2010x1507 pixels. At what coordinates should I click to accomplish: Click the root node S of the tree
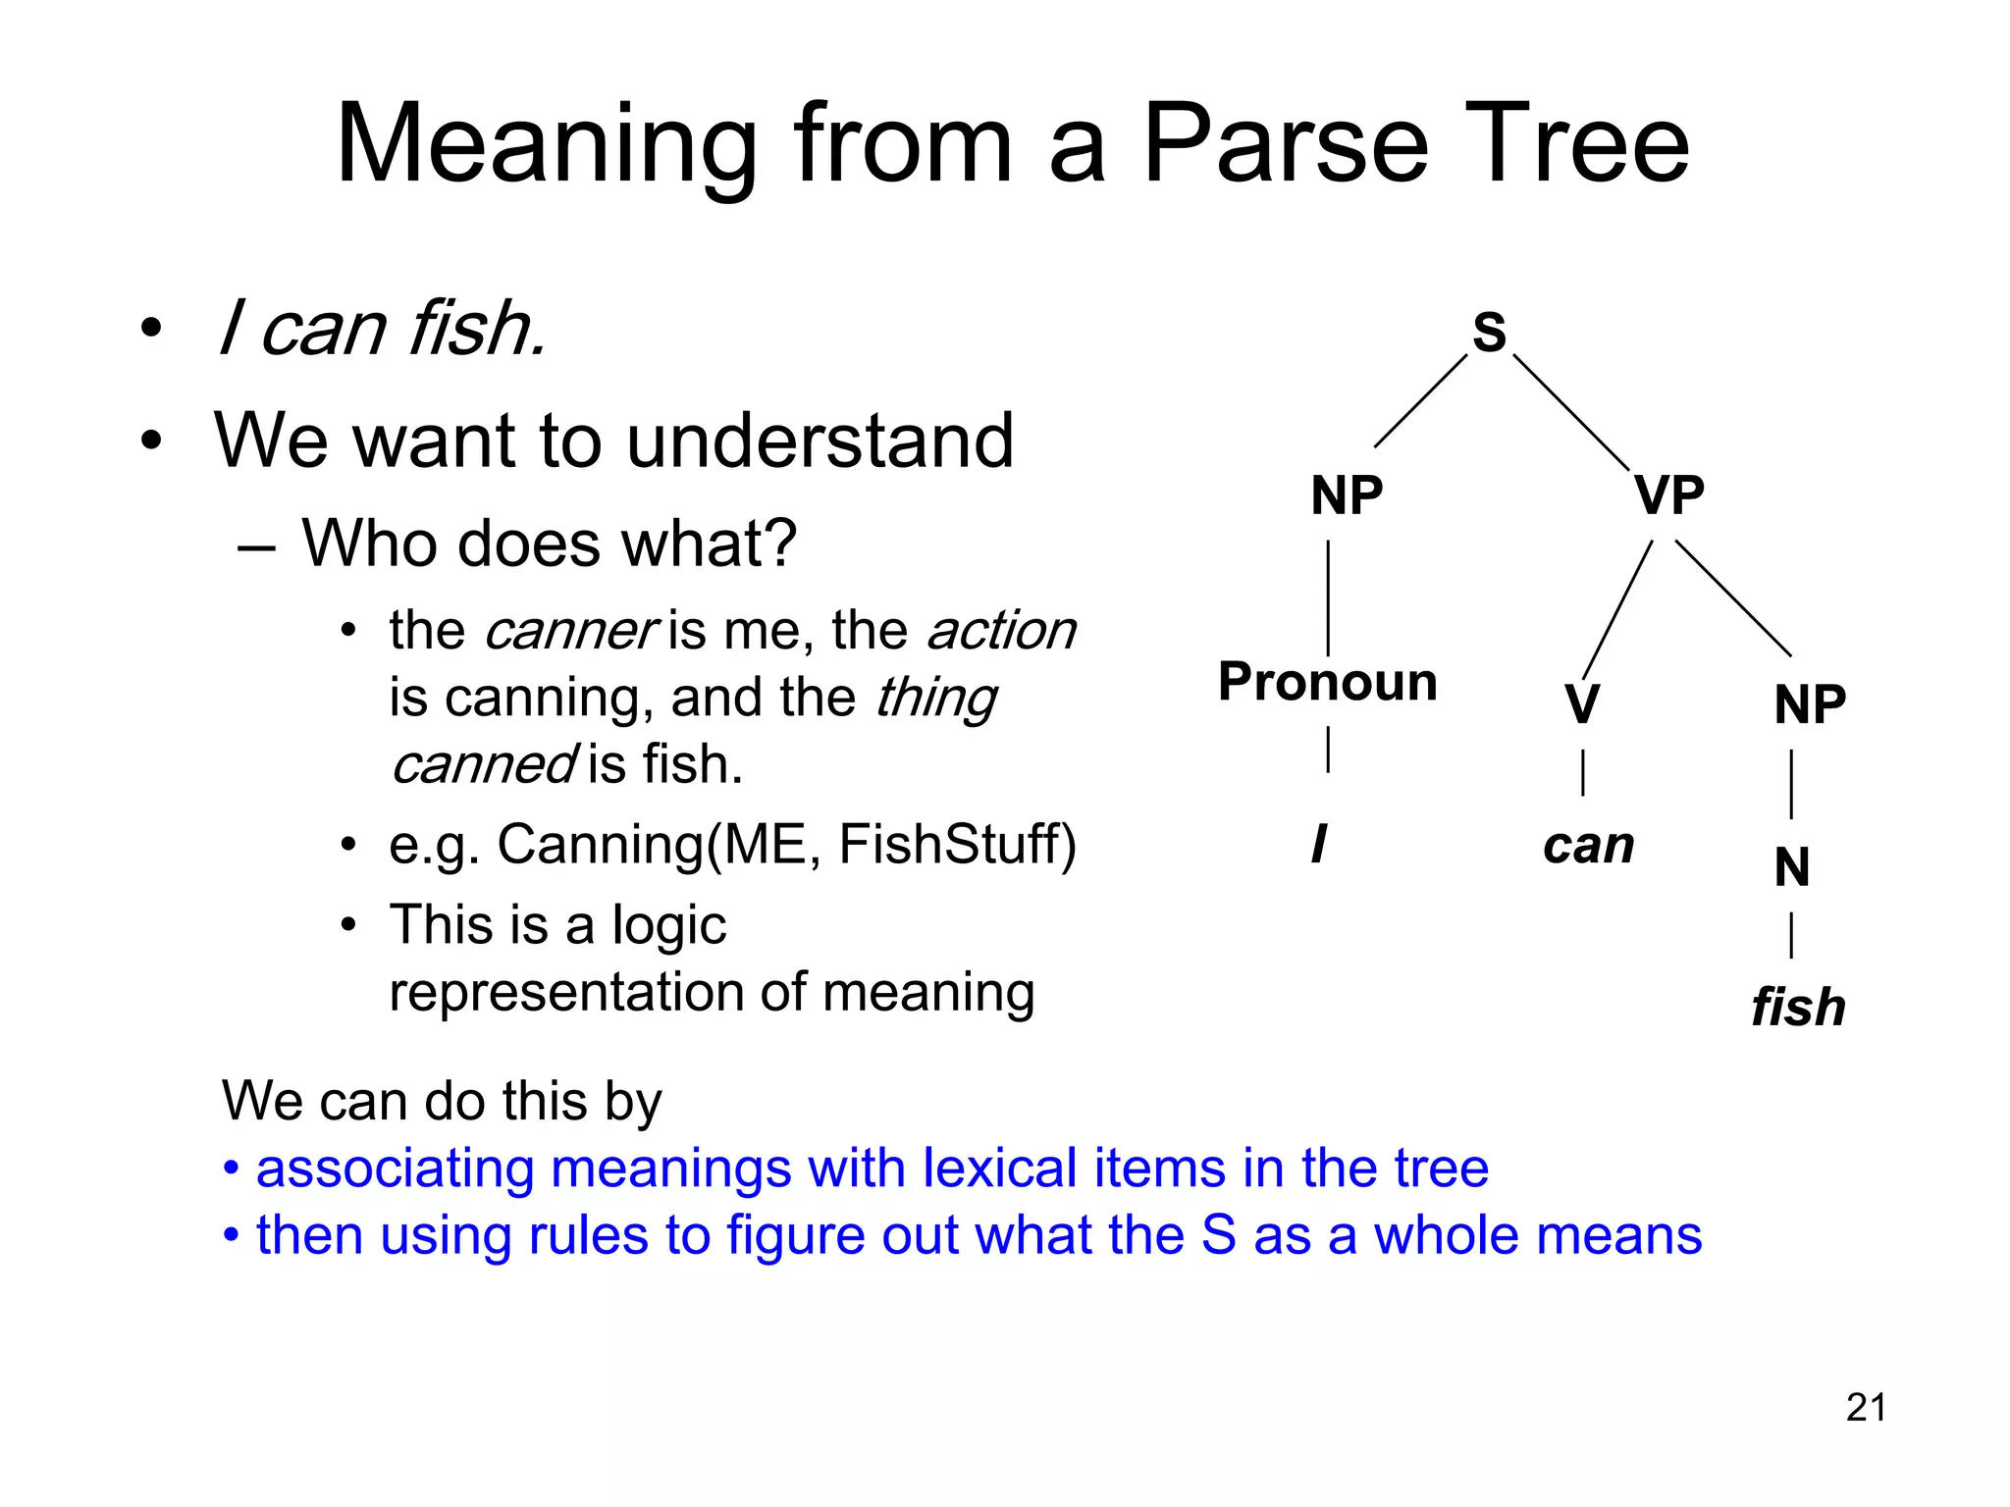click(1489, 332)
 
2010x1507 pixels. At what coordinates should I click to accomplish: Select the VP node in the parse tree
click(1668, 494)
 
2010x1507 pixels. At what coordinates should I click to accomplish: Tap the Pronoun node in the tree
click(1327, 681)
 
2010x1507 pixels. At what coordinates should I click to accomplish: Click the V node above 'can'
click(1582, 704)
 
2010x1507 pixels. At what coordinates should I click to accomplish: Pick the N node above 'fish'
click(1792, 867)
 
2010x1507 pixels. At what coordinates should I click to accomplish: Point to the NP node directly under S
click(1347, 494)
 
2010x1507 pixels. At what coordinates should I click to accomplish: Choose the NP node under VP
click(1810, 704)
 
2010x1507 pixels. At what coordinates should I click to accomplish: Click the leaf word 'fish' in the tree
click(1798, 1008)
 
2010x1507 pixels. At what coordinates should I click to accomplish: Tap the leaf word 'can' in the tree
click(1588, 846)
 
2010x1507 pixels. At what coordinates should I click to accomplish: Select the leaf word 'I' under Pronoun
click(1318, 844)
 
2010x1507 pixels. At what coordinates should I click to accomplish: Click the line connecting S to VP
click(1570, 412)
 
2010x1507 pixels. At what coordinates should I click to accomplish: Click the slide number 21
click(1866, 1408)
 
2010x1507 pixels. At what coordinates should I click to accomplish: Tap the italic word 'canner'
click(569, 631)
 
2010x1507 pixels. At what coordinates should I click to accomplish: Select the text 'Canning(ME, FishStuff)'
click(786, 844)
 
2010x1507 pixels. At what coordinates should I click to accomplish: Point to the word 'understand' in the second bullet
click(820, 441)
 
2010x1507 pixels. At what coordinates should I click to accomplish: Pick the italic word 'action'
click(1001, 631)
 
